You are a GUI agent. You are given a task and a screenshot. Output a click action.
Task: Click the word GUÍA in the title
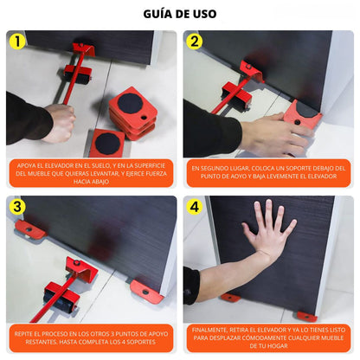[x=158, y=14]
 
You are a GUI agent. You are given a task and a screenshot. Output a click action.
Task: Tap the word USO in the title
[x=202, y=14]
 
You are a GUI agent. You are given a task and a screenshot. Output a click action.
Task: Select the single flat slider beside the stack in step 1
[x=106, y=141]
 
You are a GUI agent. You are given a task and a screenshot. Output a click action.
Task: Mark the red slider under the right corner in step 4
[x=305, y=315]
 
